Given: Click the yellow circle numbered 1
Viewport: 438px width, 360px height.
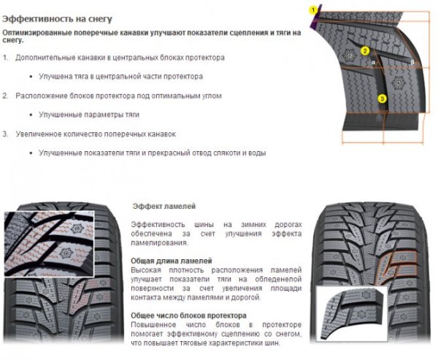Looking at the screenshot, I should click(314, 9).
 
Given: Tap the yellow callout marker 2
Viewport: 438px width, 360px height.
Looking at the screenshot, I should click(366, 52).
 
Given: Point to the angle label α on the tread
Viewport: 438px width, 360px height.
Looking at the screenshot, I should click(373, 64).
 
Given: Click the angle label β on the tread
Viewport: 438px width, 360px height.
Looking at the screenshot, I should click(412, 64).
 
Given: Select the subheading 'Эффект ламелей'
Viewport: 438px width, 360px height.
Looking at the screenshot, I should click(164, 207).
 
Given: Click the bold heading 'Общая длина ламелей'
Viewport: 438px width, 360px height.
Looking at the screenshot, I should click(172, 261).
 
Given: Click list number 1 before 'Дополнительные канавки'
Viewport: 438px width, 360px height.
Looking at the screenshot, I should click(6, 57).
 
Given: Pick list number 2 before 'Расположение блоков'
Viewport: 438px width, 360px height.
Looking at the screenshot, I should click(6, 96).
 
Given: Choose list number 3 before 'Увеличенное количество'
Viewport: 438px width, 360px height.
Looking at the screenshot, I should click(6, 134).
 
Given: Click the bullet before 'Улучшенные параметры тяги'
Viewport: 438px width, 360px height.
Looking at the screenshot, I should click(32, 115).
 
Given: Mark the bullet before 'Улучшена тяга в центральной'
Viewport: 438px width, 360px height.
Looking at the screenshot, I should click(32, 76).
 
